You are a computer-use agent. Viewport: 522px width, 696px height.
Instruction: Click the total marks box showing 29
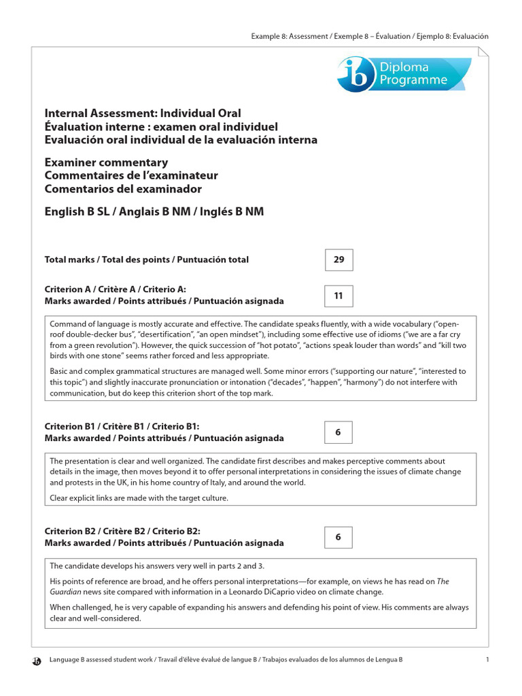(338, 260)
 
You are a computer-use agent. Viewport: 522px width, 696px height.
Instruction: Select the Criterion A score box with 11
(338, 296)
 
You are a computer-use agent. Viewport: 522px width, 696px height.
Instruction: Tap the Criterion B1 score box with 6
(338, 432)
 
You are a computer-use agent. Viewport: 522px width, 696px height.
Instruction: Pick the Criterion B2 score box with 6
(338, 537)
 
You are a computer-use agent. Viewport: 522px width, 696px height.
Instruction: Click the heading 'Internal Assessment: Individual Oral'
(143, 114)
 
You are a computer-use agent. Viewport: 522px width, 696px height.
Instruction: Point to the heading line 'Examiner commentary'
(106, 163)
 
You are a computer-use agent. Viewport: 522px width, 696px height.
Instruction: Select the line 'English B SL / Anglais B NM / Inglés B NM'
(154, 212)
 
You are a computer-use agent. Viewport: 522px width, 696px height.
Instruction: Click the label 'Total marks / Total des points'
(109, 260)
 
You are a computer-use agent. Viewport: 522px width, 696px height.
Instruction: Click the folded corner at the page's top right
(483, 52)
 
